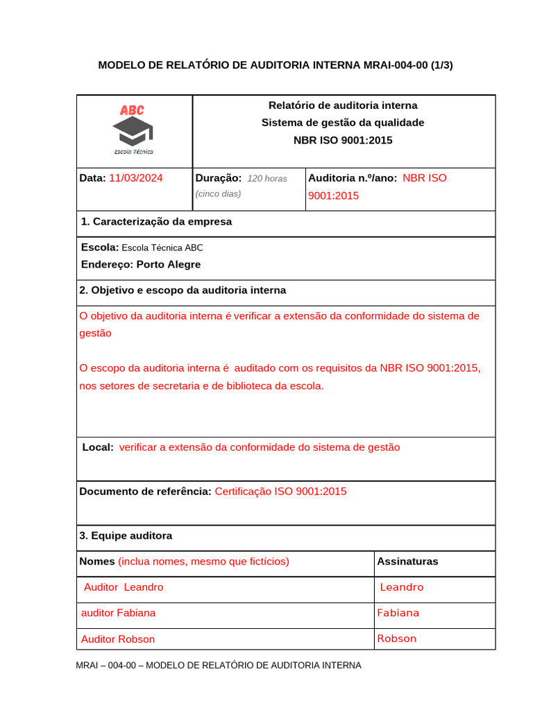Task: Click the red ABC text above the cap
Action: point(132,110)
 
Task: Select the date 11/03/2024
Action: point(136,178)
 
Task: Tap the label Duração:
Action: point(219,178)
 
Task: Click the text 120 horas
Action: point(267,179)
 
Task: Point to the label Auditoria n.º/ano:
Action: point(353,178)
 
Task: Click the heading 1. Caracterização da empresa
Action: point(156,222)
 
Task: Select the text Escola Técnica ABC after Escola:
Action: point(162,248)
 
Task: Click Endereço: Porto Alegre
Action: point(141,264)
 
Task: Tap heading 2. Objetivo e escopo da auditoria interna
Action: point(183,291)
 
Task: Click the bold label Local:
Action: point(98,448)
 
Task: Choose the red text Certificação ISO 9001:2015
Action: point(280,492)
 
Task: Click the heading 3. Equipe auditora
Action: point(126,536)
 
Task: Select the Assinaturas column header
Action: point(407,562)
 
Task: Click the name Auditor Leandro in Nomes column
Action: point(124,587)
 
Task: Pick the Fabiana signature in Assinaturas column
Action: point(398,613)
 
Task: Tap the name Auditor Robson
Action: point(118,639)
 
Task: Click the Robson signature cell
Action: point(397,639)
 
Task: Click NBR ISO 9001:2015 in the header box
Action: point(343,140)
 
